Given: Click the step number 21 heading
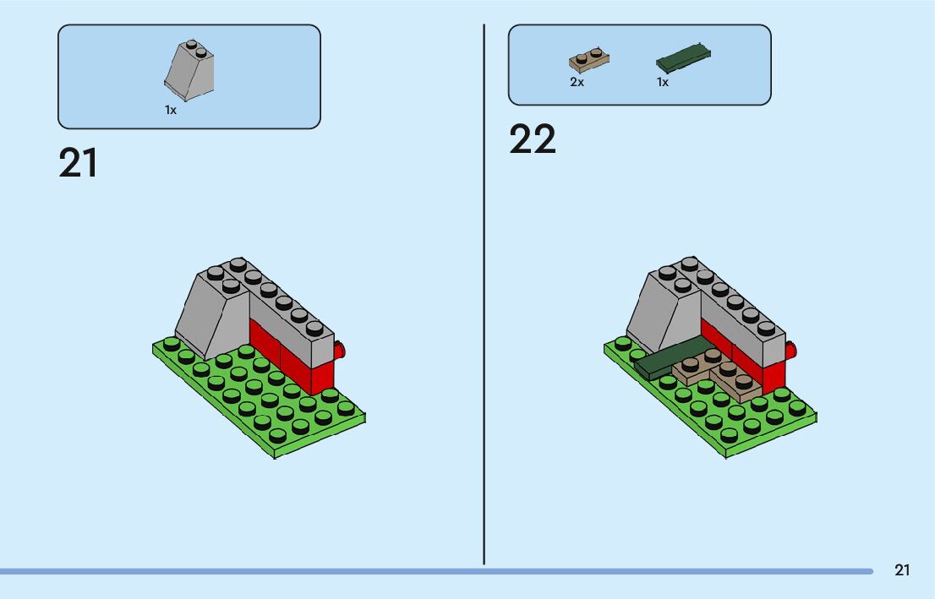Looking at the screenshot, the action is pyautogui.click(x=78, y=163).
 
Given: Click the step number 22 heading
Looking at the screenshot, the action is pyautogui.click(x=532, y=139).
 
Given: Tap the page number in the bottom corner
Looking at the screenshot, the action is pyautogui.click(x=902, y=570).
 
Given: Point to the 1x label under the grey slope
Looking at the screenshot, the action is pyautogui.click(x=171, y=111).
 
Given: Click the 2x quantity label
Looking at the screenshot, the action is pyautogui.click(x=577, y=83).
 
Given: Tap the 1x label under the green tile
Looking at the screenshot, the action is pyautogui.click(x=663, y=83).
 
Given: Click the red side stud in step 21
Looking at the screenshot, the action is pyautogui.click(x=339, y=351).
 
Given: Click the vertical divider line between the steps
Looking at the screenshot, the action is pyautogui.click(x=484, y=296).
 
